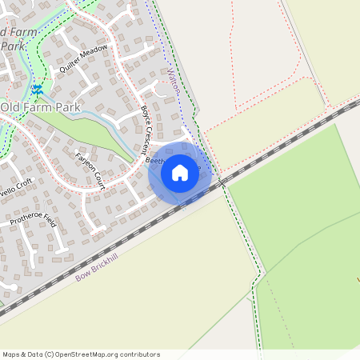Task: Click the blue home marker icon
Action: click(x=180, y=172)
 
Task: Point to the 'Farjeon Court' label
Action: click(x=90, y=170)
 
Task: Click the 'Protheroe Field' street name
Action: click(x=33, y=210)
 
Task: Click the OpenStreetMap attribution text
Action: click(x=81, y=354)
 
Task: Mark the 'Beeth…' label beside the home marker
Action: click(x=156, y=161)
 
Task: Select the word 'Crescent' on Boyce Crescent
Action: click(x=146, y=137)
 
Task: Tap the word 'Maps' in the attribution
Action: click(x=11, y=354)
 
